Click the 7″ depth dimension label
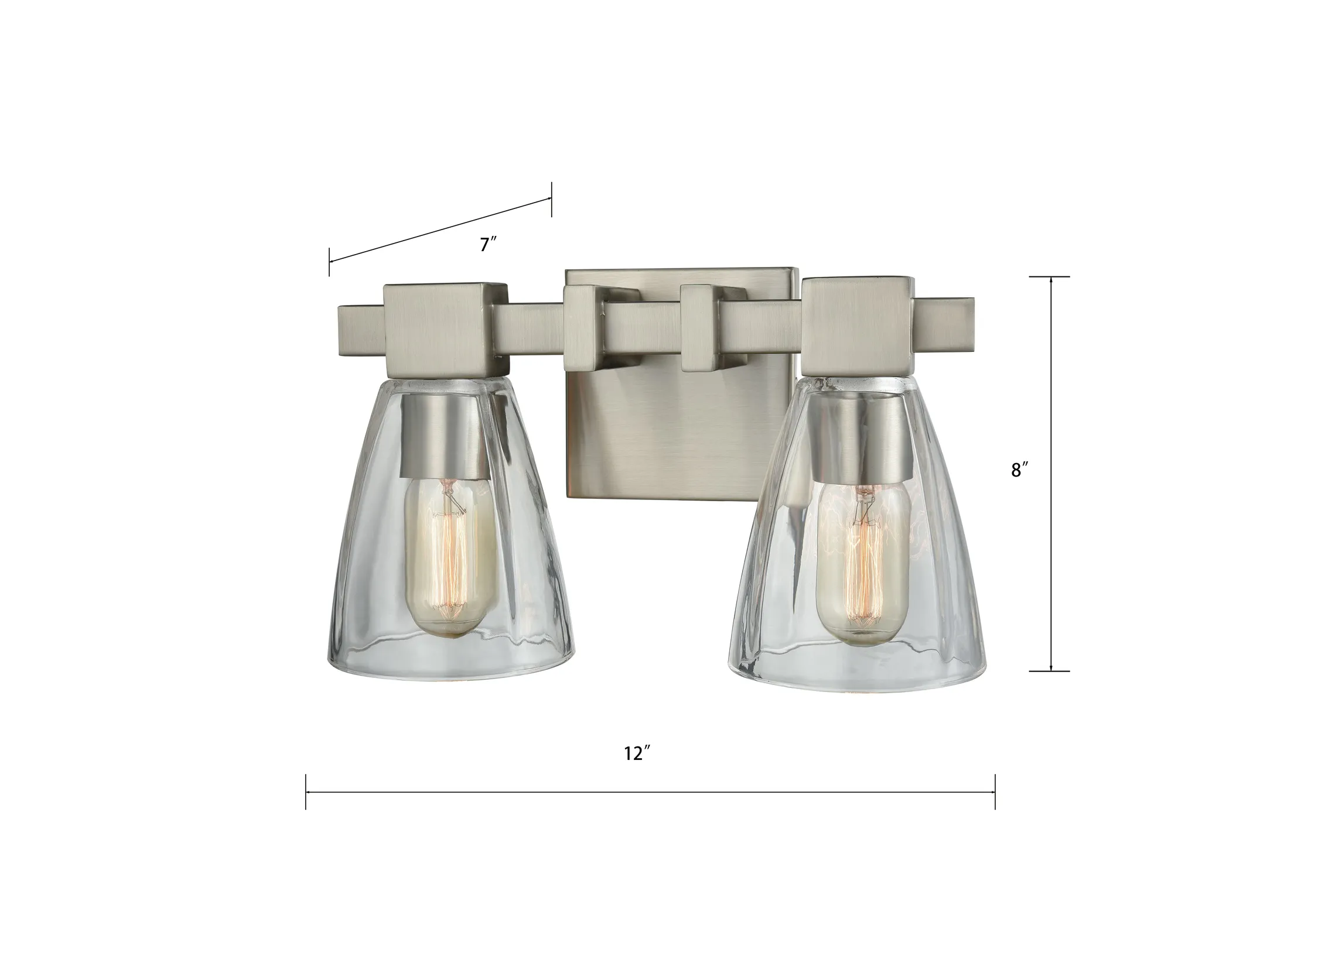tap(488, 244)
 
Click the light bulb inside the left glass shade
tap(447, 562)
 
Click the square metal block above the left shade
tap(445, 330)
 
